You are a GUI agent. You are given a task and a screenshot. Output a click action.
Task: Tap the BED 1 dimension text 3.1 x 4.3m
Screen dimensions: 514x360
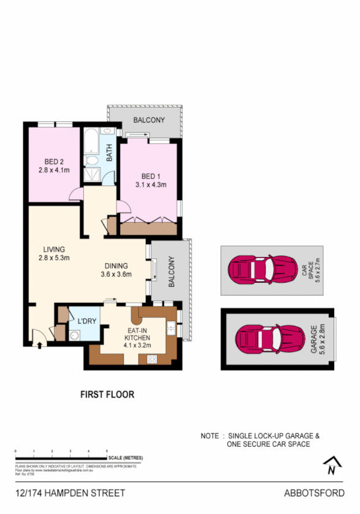coord(151,184)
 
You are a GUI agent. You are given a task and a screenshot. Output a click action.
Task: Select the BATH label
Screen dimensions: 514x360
coord(110,153)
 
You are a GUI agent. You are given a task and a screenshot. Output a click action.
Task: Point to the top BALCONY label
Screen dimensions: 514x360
coord(149,120)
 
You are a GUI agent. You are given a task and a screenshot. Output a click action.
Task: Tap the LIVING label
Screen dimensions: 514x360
coord(54,249)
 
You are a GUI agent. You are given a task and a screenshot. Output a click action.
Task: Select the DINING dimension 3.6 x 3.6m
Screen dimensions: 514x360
coord(116,275)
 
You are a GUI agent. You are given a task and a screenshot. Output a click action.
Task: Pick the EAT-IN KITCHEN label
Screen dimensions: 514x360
coord(137,334)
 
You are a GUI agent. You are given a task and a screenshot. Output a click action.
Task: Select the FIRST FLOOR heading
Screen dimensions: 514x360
coord(107,395)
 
